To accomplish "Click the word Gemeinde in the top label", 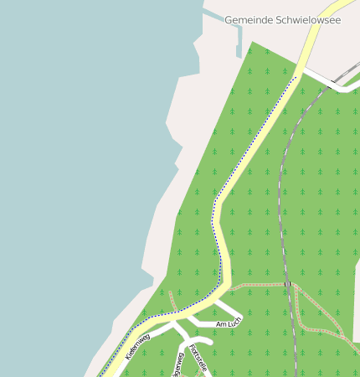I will tap(249, 20).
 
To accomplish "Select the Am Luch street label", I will tap(227, 324).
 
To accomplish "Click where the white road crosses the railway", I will tap(332, 85).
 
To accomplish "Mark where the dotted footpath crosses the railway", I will tap(287, 285).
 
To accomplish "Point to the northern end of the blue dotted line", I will tap(296, 76).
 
